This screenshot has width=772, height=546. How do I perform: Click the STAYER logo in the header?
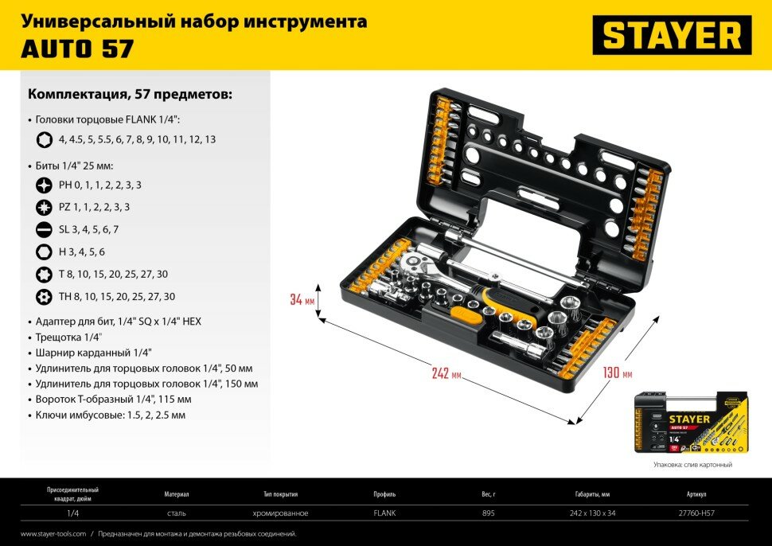click(x=672, y=36)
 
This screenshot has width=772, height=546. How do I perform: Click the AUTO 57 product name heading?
click(x=77, y=49)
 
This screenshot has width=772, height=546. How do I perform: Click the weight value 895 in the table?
click(x=488, y=513)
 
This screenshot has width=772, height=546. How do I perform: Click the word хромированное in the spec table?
click(x=279, y=513)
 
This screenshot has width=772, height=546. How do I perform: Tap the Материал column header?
click(x=177, y=493)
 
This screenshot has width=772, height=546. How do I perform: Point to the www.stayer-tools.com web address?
click(x=53, y=534)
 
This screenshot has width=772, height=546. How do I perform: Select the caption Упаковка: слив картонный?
click(x=692, y=464)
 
